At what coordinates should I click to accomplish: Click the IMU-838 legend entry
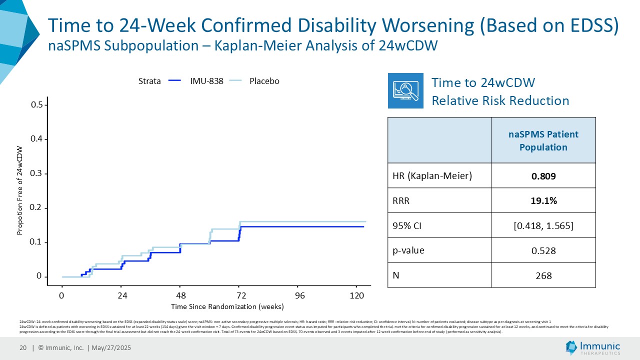click(x=206, y=81)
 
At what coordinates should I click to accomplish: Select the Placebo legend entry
click(x=264, y=81)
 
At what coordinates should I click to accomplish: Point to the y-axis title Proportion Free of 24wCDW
click(x=20, y=190)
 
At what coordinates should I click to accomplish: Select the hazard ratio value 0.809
click(x=543, y=176)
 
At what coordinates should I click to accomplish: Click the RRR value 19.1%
click(x=543, y=200)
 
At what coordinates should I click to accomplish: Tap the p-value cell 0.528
click(x=543, y=250)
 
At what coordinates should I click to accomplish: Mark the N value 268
click(x=543, y=275)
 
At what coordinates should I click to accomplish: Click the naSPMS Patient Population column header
click(x=543, y=140)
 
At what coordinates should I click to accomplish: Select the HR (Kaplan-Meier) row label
click(x=433, y=176)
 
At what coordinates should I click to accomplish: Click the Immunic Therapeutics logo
click(x=593, y=347)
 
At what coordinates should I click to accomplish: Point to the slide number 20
click(x=23, y=348)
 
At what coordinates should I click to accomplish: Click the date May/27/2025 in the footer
click(x=110, y=348)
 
